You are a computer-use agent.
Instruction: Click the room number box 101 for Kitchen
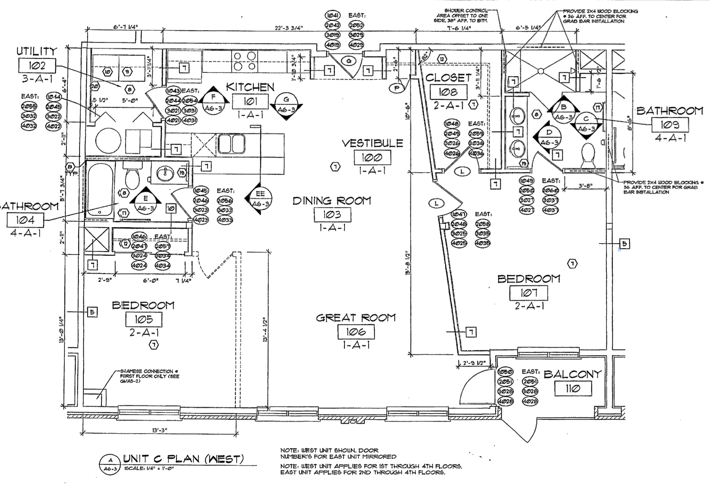(250, 102)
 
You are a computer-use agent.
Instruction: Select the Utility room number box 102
(37, 65)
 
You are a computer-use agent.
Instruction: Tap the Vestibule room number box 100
(372, 158)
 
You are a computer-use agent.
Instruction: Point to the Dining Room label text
(332, 201)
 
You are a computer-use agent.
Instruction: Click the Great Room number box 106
(356, 332)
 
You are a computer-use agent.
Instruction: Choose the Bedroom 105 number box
(144, 319)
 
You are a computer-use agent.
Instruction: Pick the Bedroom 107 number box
(528, 292)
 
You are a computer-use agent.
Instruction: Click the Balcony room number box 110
(573, 389)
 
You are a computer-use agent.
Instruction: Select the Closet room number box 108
(448, 91)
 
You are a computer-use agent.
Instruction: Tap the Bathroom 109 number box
(670, 125)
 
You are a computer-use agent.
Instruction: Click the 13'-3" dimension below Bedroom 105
(160, 430)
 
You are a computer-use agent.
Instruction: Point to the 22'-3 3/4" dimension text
(288, 28)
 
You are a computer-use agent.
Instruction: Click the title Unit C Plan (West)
(183, 459)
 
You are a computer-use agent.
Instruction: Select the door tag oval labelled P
(396, 88)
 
